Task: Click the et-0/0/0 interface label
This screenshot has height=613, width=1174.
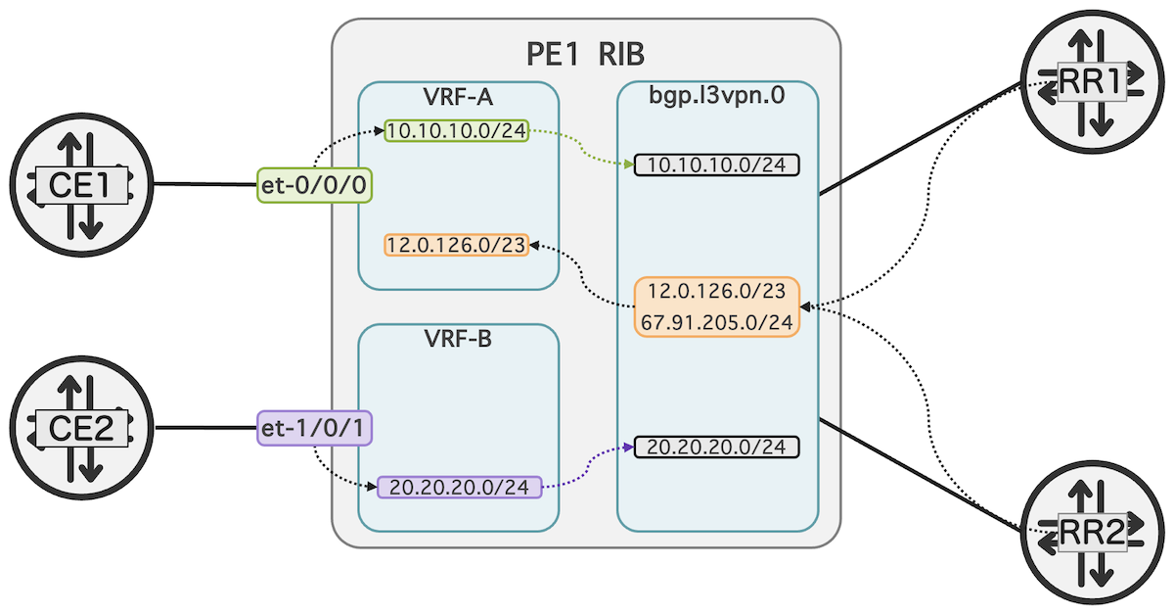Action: pyautogui.click(x=315, y=184)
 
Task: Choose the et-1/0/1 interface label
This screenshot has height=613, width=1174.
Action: pyautogui.click(x=315, y=428)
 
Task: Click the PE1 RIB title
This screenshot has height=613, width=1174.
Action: pyautogui.click(x=585, y=53)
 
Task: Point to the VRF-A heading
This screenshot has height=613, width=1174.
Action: pyautogui.click(x=458, y=98)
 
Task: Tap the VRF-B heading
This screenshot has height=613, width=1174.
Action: pyautogui.click(x=458, y=341)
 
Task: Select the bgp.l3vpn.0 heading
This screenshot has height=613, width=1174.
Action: pyautogui.click(x=717, y=98)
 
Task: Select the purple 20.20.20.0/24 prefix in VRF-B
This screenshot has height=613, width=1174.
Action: pyautogui.click(x=459, y=487)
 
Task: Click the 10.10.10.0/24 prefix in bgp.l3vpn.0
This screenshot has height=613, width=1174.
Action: pyautogui.click(x=717, y=165)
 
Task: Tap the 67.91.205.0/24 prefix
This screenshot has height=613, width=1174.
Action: pyautogui.click(x=717, y=321)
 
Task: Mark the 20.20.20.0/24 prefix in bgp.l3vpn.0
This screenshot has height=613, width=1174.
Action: pyautogui.click(x=717, y=448)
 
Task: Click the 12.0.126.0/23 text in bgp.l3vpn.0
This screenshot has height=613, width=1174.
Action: pyautogui.click(x=717, y=292)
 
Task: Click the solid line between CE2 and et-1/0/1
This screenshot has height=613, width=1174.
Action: pyautogui.click(x=205, y=428)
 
